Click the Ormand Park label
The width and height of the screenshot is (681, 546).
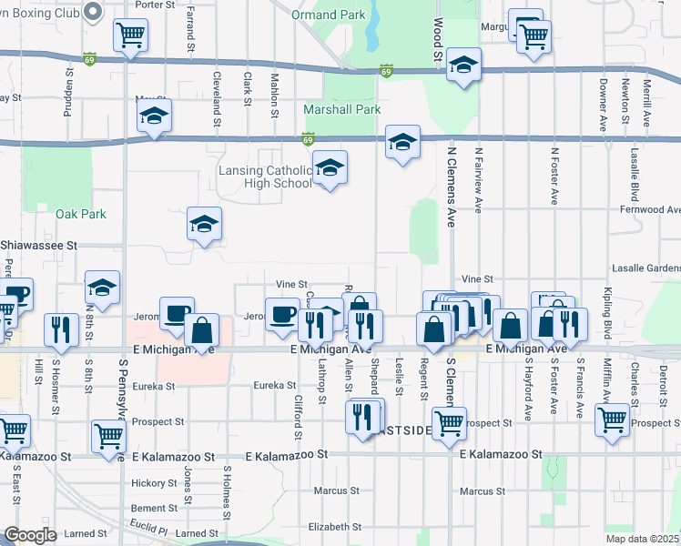pos(329,15)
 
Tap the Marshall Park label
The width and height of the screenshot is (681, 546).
pos(341,110)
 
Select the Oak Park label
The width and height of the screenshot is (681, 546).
pos(81,214)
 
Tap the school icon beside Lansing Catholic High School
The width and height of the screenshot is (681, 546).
pos(330,168)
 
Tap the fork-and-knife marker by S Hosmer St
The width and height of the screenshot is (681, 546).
pos(61,329)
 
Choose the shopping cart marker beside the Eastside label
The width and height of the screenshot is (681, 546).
pos(449,422)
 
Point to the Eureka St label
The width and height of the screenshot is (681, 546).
pos(153,386)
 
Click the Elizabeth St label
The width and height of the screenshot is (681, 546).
pos(335,527)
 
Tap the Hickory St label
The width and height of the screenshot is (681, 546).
pos(152,483)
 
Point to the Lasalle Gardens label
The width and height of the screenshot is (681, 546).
pos(645,268)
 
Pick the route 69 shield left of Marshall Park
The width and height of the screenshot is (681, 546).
pos(309,139)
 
